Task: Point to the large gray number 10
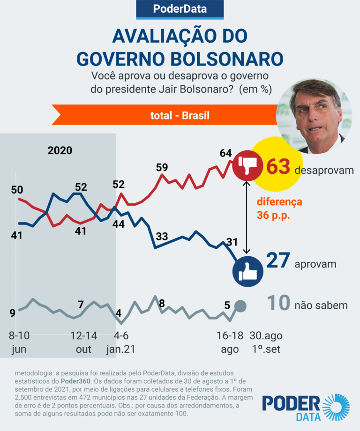click(277, 304)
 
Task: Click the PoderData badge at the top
click(180, 8)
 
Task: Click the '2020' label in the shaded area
click(60, 150)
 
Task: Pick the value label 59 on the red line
click(162, 167)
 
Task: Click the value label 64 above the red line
click(226, 153)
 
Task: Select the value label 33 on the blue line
click(162, 237)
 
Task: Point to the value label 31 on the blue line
click(232, 242)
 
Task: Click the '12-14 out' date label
click(84, 342)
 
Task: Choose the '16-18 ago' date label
click(230, 342)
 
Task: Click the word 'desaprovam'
click(324, 170)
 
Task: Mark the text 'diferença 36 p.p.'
click(279, 208)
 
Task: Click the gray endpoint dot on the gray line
click(240, 306)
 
